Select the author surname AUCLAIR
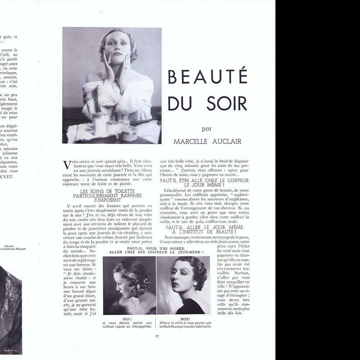coord(226,141)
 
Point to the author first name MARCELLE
coord(191,141)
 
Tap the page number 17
coord(157,336)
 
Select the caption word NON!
coord(185,319)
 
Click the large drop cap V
coord(67,165)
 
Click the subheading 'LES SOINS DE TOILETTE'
coord(107,191)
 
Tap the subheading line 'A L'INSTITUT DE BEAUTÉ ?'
coord(204,232)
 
